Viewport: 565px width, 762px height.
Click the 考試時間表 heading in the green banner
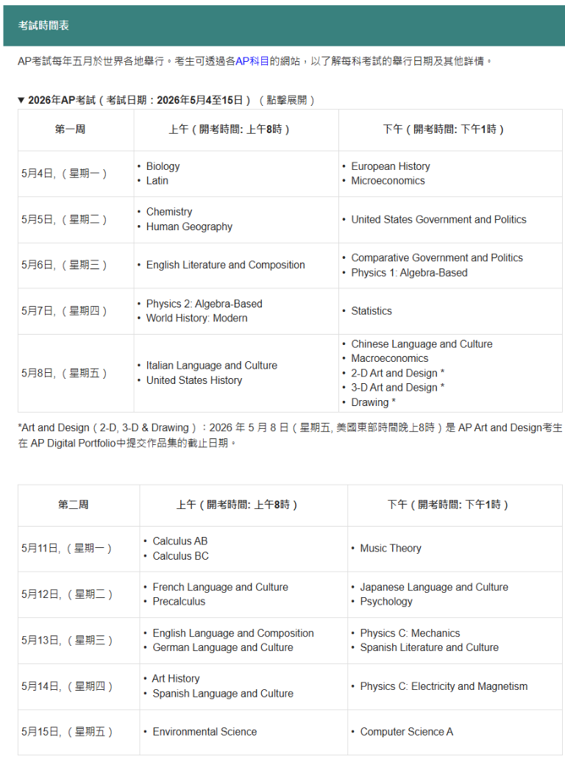(44, 26)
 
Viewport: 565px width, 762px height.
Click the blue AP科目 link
(252, 61)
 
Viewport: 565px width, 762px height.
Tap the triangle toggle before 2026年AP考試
(21, 100)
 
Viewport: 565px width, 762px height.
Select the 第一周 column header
(70, 129)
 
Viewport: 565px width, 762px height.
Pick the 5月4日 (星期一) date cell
(65, 174)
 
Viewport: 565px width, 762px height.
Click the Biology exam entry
(163, 166)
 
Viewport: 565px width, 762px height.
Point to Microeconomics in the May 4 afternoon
(388, 181)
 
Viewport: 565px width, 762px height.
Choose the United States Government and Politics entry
(438, 219)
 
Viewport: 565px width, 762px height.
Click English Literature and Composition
(225, 265)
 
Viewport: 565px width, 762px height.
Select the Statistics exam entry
(372, 311)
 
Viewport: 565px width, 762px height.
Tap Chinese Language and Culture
(422, 344)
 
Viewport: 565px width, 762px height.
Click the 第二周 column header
(74, 505)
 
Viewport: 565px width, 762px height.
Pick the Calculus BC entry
(180, 556)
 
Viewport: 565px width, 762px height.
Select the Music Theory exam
(391, 548)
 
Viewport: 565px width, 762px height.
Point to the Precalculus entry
(179, 602)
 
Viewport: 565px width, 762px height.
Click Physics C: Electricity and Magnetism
(444, 686)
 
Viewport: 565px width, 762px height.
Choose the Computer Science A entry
(406, 732)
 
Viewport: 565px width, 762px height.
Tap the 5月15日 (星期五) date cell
(68, 732)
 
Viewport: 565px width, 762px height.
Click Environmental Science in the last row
(205, 732)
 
